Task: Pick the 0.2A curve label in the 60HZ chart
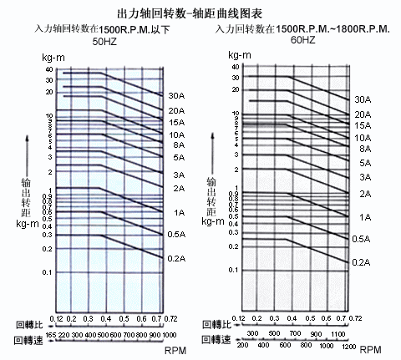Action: pyautogui.click(x=361, y=262)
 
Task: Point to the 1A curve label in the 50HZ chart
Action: pyautogui.click(x=178, y=212)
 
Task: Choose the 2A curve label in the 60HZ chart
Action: pyautogui.click(x=364, y=194)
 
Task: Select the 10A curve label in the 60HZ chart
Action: pyautogui.click(x=362, y=138)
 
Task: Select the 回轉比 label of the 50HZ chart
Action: pyautogui.click(x=30, y=322)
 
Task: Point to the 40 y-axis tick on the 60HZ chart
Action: pyautogui.click(x=236, y=68)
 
